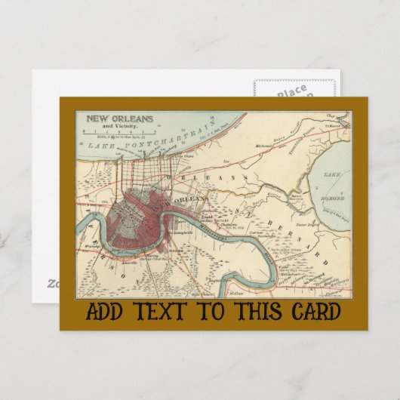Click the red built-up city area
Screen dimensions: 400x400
[x=136, y=226]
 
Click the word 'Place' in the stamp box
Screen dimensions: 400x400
[x=291, y=93]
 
